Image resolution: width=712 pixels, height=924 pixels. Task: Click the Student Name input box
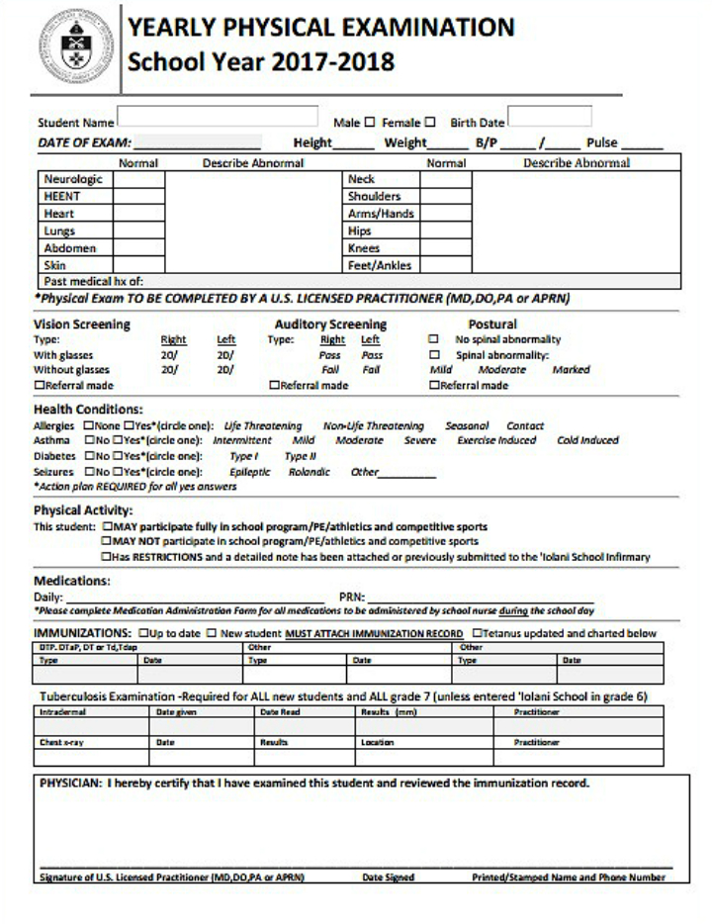pos(218,117)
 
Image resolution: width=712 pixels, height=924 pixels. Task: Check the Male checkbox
pos(370,123)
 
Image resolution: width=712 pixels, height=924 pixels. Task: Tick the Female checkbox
pos(430,123)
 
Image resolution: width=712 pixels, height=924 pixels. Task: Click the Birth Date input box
pos(549,117)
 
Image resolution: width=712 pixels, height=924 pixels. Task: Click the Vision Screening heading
pos(82,324)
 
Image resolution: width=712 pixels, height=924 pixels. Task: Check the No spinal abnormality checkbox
pos(433,339)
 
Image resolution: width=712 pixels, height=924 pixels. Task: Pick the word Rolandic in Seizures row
pos(308,472)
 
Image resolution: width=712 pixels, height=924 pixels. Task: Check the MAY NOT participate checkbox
pos(108,542)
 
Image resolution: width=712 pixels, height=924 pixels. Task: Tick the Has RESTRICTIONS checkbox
pos(108,557)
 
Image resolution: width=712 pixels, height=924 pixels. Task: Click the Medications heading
pos(72,581)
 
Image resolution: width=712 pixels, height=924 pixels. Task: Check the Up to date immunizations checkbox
pos(145,632)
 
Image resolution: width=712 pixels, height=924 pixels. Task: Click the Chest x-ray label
pos(62,740)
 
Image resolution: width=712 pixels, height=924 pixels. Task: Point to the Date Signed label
pos(388,877)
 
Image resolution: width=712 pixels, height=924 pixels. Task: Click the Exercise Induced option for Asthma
pos(496,441)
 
